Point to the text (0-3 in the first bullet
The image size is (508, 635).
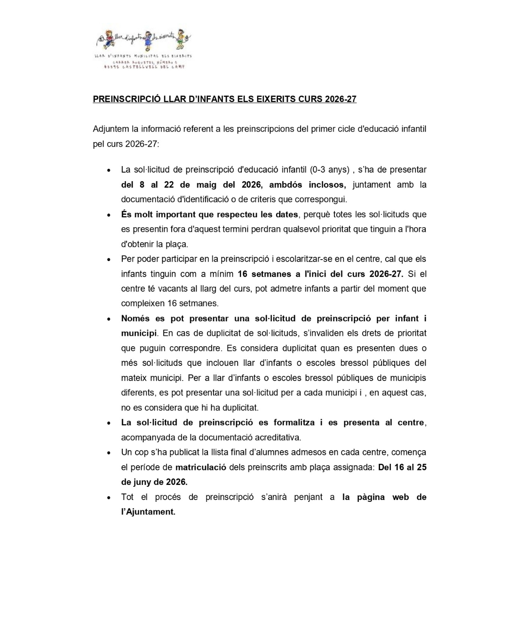(x=318, y=170)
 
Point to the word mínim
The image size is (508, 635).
(x=222, y=274)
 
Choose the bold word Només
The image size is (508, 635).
(x=135, y=318)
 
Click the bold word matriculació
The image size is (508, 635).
(x=201, y=468)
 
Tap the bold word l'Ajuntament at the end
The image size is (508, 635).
(x=148, y=512)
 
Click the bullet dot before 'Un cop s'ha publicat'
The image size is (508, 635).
(x=109, y=453)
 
